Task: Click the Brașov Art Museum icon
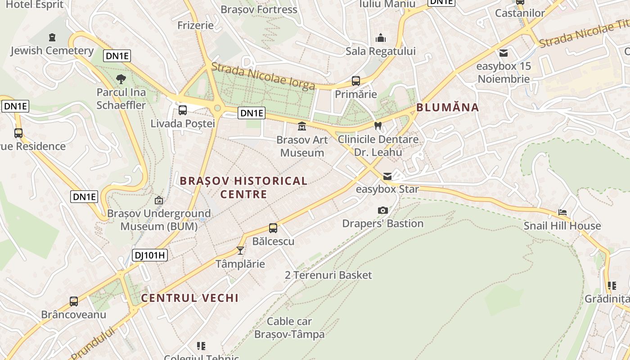click(x=302, y=126)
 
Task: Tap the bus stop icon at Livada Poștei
click(x=183, y=110)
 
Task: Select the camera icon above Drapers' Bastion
click(x=383, y=210)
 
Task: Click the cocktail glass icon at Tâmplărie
click(x=240, y=250)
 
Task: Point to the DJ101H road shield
click(x=150, y=256)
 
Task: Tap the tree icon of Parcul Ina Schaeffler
click(x=121, y=80)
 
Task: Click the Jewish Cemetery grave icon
click(x=52, y=37)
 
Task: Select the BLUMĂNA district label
click(x=447, y=108)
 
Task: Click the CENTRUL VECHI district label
click(x=189, y=298)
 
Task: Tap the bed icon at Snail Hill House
click(x=562, y=212)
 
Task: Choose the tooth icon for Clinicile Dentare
click(x=378, y=126)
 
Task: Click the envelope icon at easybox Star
click(x=387, y=176)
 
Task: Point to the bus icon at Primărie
click(x=356, y=81)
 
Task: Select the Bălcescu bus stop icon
click(x=273, y=228)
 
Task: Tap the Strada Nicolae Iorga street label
click(x=263, y=76)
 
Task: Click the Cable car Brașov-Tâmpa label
click(x=289, y=328)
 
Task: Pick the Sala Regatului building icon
click(x=381, y=38)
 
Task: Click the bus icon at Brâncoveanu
click(x=74, y=301)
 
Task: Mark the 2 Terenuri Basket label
click(x=328, y=275)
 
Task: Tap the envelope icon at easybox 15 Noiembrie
click(x=504, y=53)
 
